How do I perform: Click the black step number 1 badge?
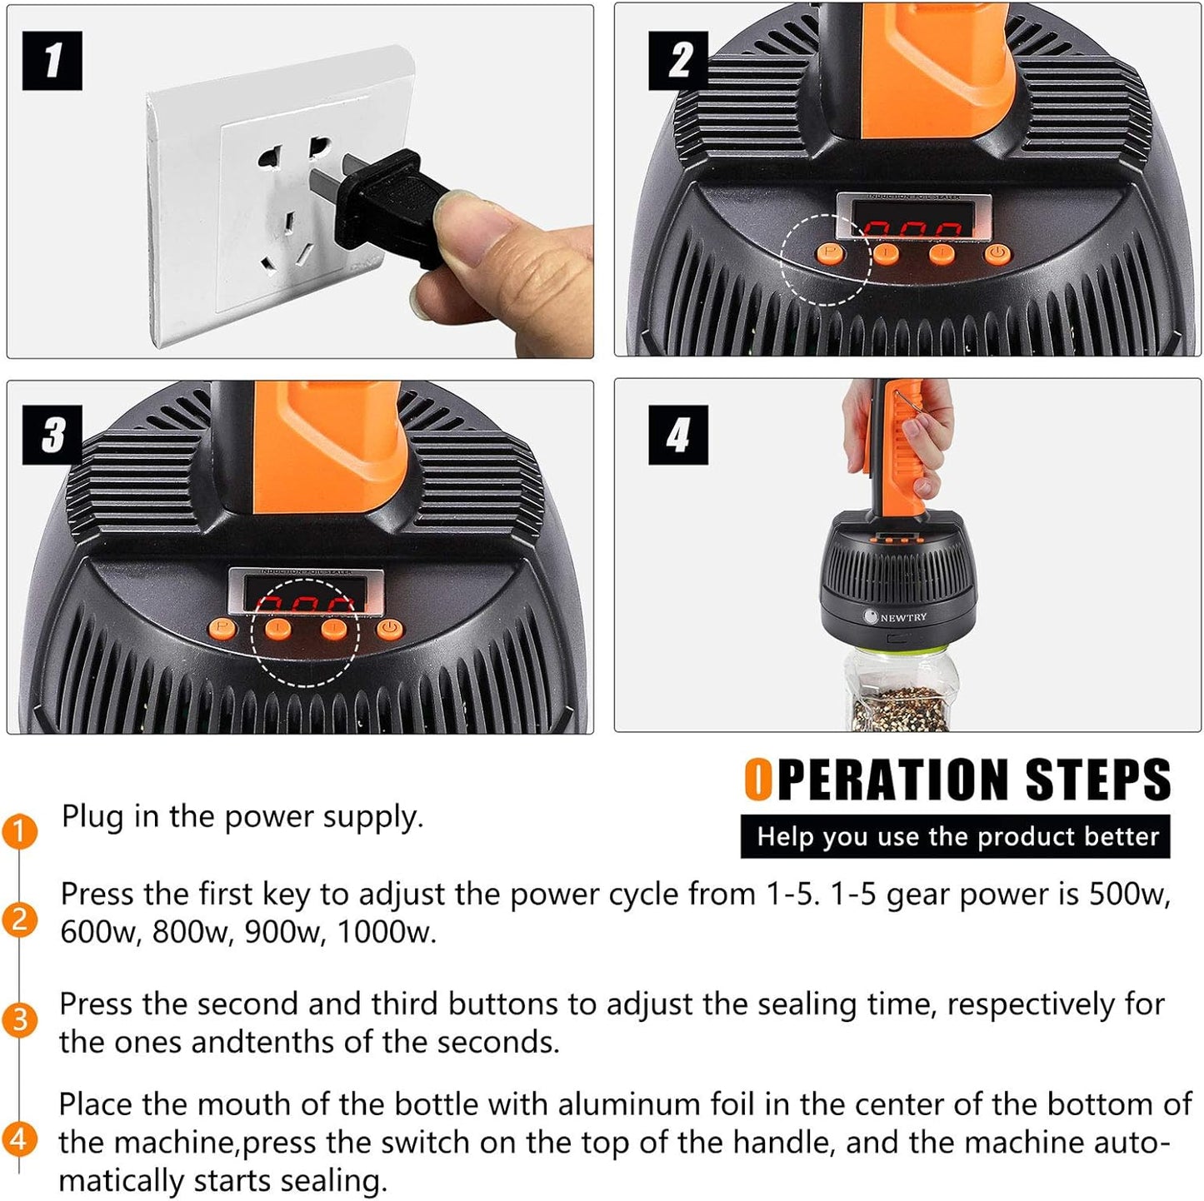coord(52,60)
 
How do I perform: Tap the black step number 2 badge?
coord(678,60)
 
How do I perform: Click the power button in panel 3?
coord(387,630)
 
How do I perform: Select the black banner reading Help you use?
coord(956,836)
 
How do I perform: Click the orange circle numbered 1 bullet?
coord(20,832)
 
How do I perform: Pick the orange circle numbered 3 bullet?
coord(20,1020)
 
